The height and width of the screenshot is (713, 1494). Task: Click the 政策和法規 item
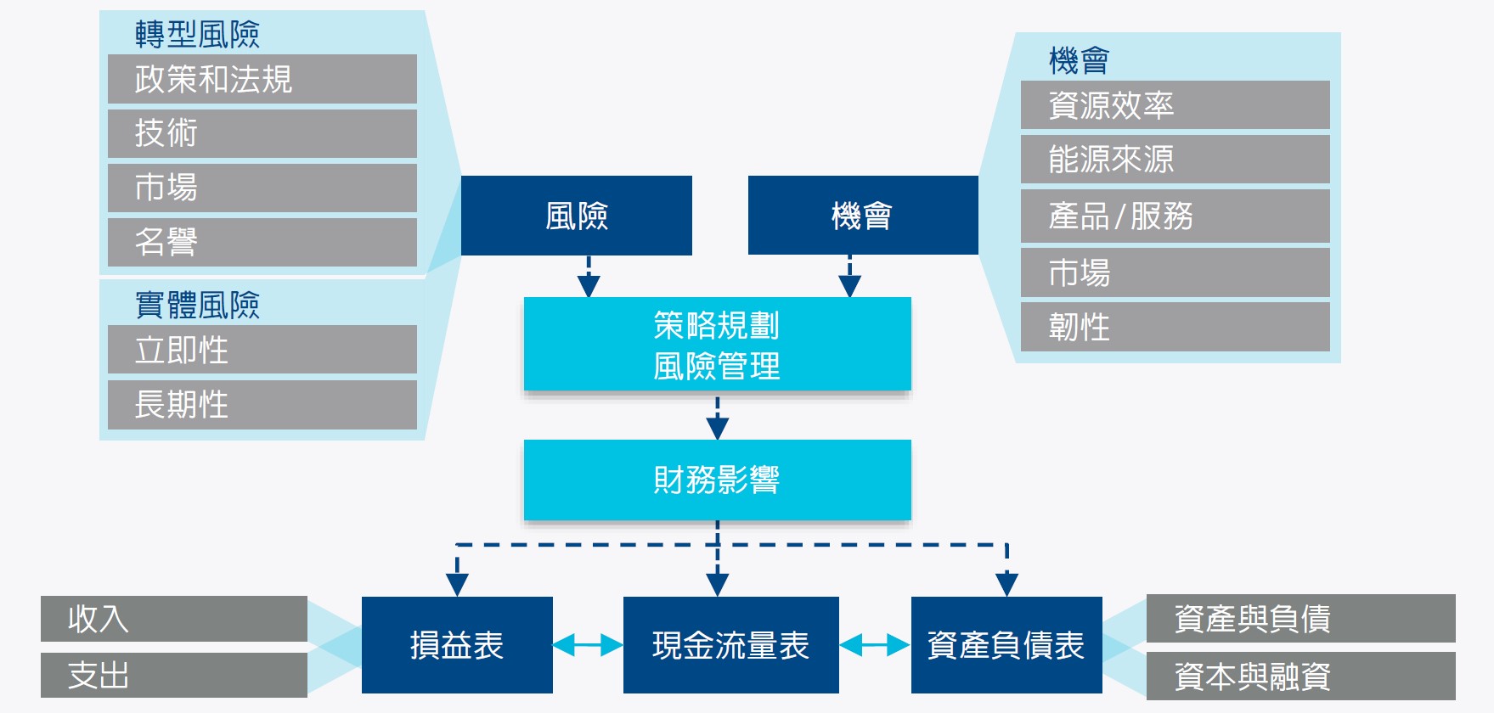click(x=262, y=79)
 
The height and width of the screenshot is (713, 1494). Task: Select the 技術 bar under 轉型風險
click(x=262, y=133)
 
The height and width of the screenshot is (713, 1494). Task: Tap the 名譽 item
click(x=262, y=242)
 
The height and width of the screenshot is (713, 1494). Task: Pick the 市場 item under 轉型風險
click(x=262, y=188)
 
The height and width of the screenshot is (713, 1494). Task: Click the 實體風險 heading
click(x=197, y=305)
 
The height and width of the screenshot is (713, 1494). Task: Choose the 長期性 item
click(x=262, y=404)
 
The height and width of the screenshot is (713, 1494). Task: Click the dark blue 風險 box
click(x=576, y=216)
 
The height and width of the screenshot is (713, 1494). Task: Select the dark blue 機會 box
click(x=862, y=216)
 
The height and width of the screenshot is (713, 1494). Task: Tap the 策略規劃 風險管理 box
click(x=717, y=345)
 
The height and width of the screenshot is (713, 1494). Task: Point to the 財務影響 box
click(x=717, y=480)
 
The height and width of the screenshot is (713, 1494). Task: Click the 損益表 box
click(x=457, y=645)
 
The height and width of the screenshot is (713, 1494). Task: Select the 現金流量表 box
click(x=730, y=645)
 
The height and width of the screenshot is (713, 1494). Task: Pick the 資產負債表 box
click(x=1006, y=645)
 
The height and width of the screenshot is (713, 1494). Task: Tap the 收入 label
click(x=173, y=619)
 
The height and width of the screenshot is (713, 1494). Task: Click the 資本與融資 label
click(x=1299, y=676)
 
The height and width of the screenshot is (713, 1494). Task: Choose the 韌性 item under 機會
click(x=1175, y=327)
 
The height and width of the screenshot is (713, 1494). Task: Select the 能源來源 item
click(x=1175, y=159)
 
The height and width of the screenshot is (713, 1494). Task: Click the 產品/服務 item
click(x=1175, y=216)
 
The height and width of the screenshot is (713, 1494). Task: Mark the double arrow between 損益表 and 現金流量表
click(x=588, y=645)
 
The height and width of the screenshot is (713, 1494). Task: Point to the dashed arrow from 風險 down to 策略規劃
click(x=589, y=276)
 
